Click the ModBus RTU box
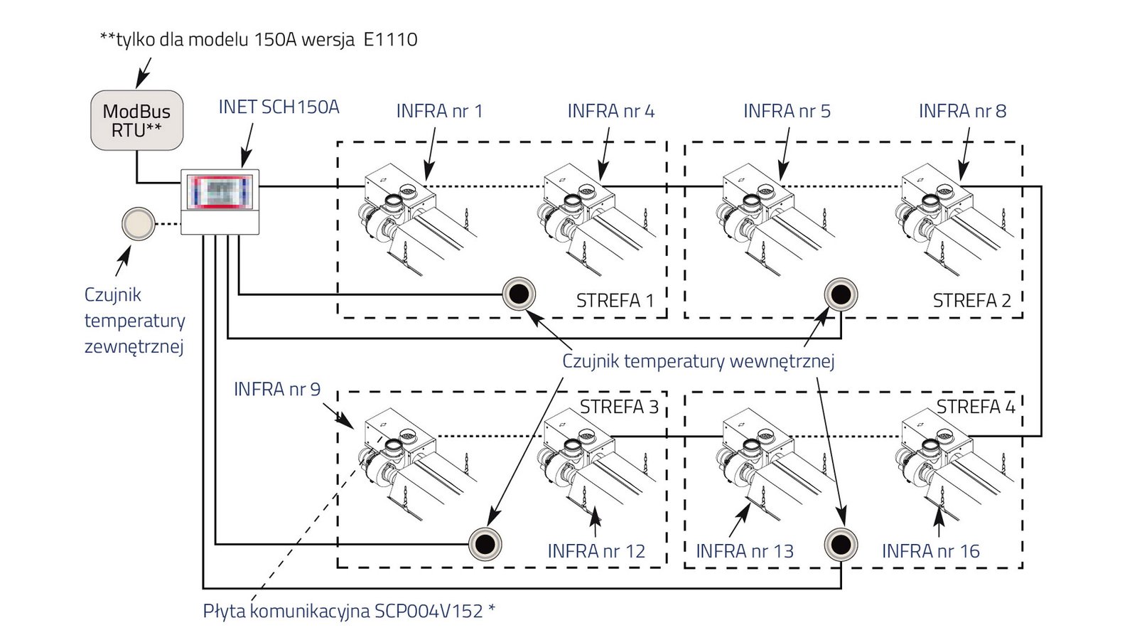(137, 120)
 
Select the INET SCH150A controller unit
(220, 201)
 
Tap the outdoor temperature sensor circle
(138, 224)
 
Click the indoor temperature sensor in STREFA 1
(519, 294)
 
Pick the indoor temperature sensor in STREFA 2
(841, 294)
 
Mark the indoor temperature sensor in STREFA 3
(485, 545)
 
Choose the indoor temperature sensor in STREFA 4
(841, 545)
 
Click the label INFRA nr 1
(439, 111)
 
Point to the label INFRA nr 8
(962, 111)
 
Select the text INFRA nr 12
(596, 551)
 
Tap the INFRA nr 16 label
(930, 551)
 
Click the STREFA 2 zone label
(971, 301)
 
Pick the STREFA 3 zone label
(619, 407)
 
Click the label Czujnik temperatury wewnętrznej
(698, 361)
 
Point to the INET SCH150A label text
(279, 107)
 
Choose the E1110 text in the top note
(390, 39)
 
